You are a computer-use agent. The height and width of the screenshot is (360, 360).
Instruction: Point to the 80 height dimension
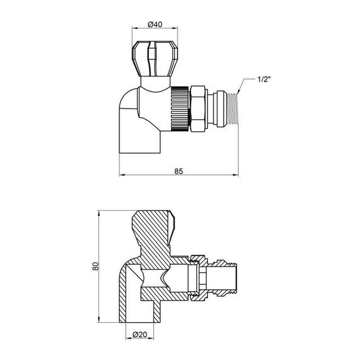pyautogui.click(x=95, y=266)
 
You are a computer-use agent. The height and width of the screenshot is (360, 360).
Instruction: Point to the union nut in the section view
pyautogui.click(x=198, y=277)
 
